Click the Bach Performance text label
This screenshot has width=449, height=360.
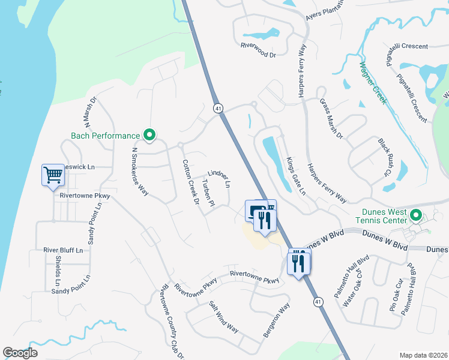[x=105, y=136]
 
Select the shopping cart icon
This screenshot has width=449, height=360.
[x=53, y=175]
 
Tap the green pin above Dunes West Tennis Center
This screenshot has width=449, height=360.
[x=415, y=214]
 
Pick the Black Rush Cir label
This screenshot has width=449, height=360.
[x=384, y=157]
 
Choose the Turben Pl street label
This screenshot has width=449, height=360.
[x=208, y=193]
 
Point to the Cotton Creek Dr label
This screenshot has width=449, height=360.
[x=191, y=182]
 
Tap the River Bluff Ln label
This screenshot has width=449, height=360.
[x=67, y=249]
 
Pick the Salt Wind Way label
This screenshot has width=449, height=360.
[x=223, y=316]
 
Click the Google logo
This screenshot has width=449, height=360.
[x=20, y=353]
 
